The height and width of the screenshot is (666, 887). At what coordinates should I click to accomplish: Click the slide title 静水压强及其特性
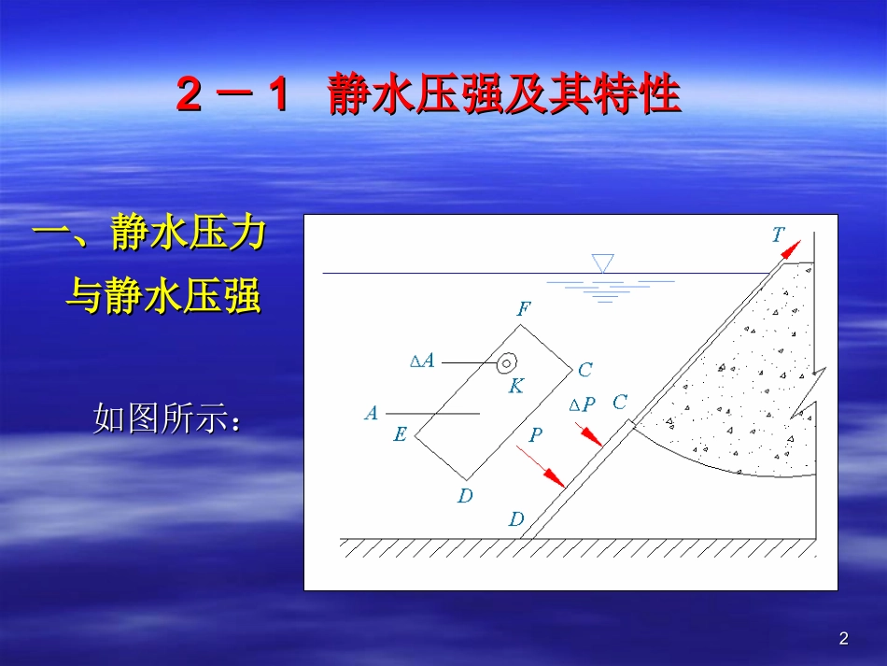pos(504,96)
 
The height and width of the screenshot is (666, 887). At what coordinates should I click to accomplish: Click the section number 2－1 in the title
pos(232,97)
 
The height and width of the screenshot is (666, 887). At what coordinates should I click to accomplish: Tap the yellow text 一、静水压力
pos(149,234)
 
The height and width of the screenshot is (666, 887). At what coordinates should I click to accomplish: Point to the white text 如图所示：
pos(168,419)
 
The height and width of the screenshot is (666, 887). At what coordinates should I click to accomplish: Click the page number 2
pos(844,639)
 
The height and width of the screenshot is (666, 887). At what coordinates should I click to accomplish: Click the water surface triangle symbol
pos(603,262)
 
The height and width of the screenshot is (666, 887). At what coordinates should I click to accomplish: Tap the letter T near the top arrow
pos(778,234)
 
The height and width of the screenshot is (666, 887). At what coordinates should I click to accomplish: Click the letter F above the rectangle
pos(523,309)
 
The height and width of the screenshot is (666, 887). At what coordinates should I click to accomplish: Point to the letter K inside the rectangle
pos(515,386)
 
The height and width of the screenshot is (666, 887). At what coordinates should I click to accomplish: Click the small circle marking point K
pos(507,362)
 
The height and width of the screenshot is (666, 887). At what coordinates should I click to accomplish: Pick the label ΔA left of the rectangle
pos(423,361)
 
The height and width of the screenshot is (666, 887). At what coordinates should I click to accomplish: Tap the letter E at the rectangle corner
pos(400,434)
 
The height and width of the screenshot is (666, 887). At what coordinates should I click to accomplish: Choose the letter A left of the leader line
pos(372,413)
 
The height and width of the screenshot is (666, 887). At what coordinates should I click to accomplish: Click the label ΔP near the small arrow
pos(582,404)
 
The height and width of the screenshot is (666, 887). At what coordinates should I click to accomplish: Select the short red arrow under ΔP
pos(589,435)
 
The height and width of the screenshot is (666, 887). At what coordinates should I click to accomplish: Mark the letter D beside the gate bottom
pos(516,519)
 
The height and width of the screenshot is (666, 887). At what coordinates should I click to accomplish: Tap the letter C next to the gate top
pos(619,403)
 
